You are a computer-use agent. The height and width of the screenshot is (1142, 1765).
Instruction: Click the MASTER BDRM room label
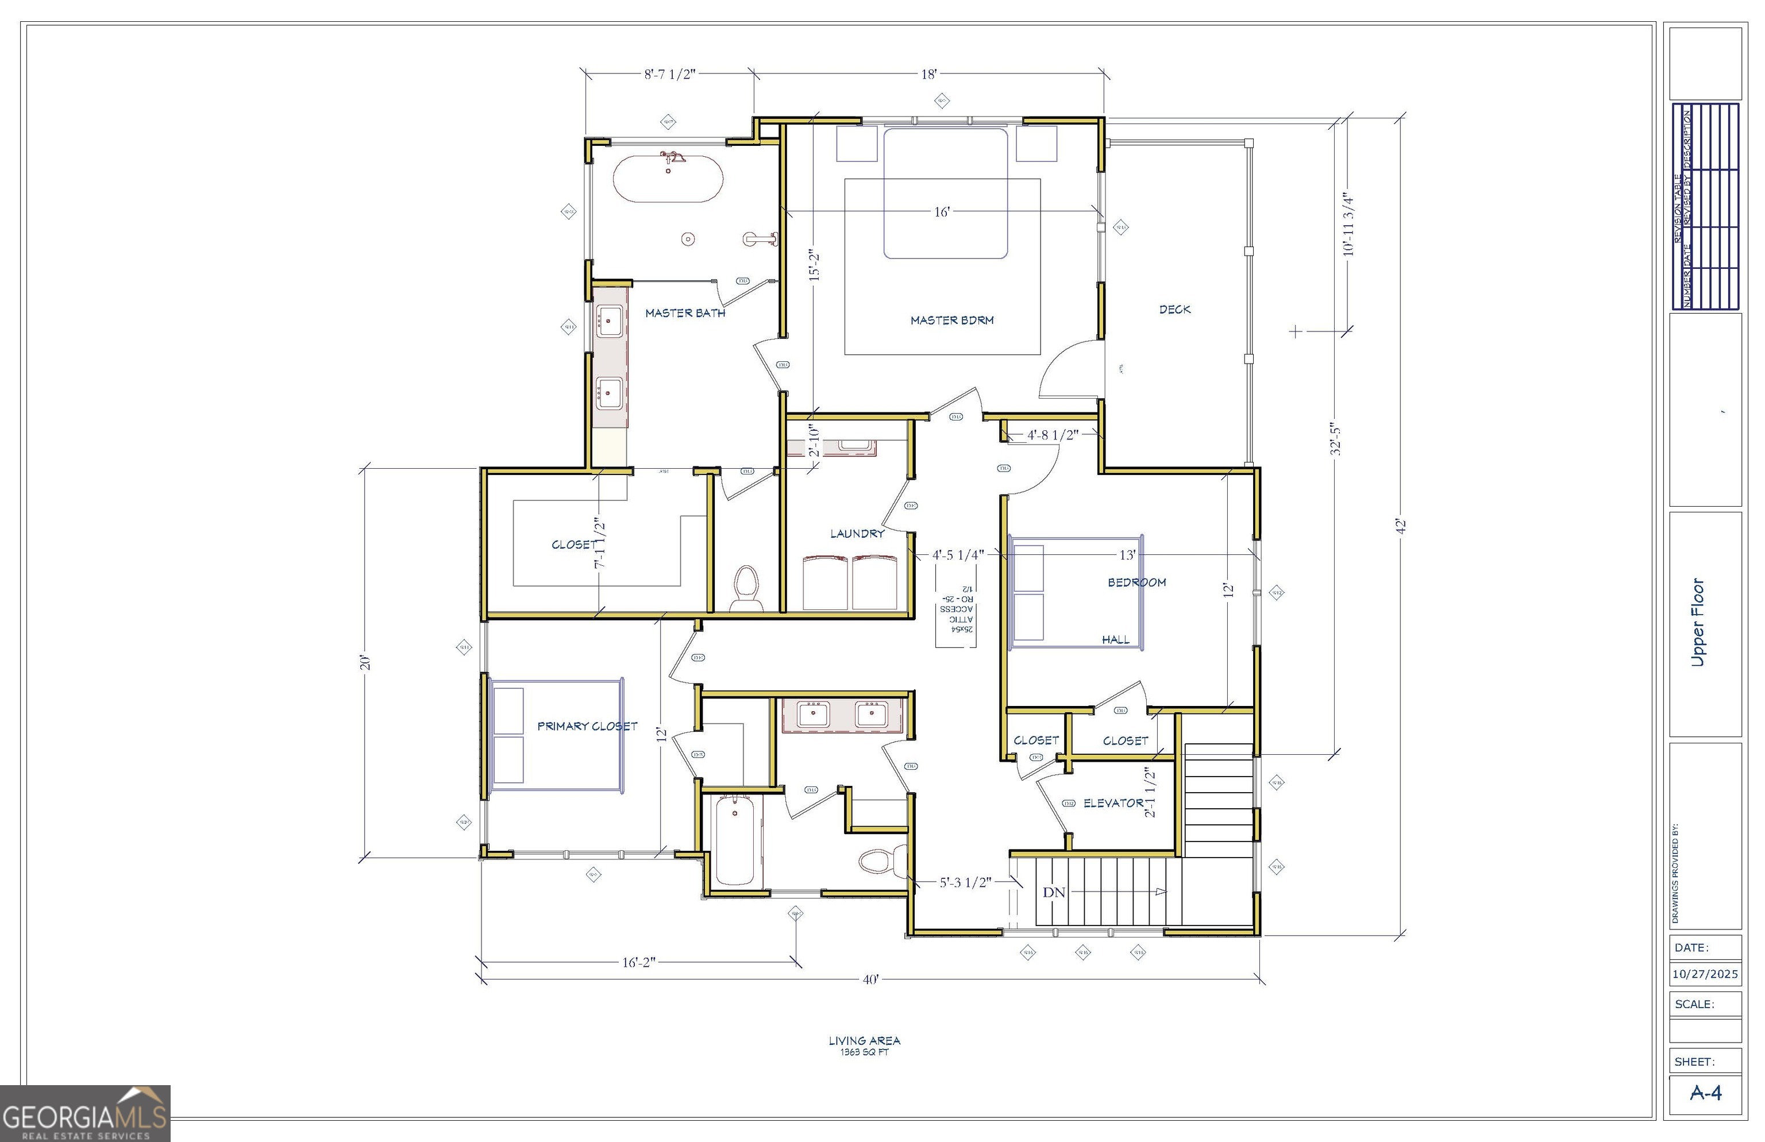pyautogui.click(x=951, y=321)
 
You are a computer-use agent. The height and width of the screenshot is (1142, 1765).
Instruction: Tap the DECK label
pyautogui.click(x=1175, y=309)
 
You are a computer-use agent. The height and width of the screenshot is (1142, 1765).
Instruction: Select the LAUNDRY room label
pyautogui.click(x=857, y=533)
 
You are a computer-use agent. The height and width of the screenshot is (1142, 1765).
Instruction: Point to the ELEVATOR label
pyautogui.click(x=1112, y=803)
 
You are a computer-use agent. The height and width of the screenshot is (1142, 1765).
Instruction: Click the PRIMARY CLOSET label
pyautogui.click(x=587, y=726)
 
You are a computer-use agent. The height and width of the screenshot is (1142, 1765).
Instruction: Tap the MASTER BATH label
pyautogui.click(x=684, y=313)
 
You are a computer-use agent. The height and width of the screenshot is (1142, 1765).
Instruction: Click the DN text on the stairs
pyautogui.click(x=1053, y=892)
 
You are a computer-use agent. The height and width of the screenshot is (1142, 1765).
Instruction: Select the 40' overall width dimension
pyautogui.click(x=870, y=979)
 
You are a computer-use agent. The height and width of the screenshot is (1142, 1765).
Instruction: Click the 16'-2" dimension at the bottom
pyautogui.click(x=638, y=963)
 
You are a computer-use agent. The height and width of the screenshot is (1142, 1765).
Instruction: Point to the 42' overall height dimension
pyautogui.click(x=1401, y=526)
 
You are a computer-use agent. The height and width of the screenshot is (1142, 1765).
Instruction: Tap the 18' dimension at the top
pyautogui.click(x=928, y=74)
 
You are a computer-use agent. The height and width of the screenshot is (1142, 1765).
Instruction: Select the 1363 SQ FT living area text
pyautogui.click(x=864, y=1052)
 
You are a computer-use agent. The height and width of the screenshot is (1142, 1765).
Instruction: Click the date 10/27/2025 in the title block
pyautogui.click(x=1705, y=974)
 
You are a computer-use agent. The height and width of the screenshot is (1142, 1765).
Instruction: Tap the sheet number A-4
pyautogui.click(x=1705, y=1093)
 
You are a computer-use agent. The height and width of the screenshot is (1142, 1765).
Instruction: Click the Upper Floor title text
pyautogui.click(x=1698, y=622)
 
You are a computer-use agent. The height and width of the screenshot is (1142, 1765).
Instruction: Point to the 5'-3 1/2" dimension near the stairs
pyautogui.click(x=965, y=882)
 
